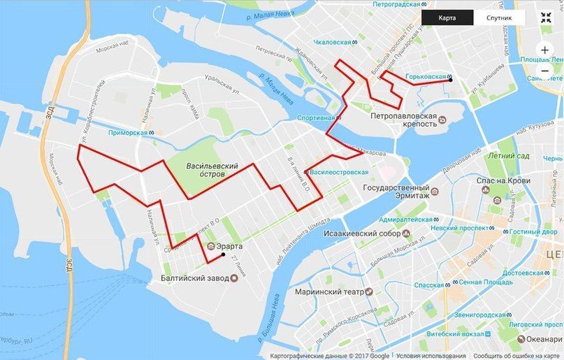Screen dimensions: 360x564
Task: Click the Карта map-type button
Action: click(x=448, y=18)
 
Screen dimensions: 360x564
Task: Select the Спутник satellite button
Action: click(x=500, y=18)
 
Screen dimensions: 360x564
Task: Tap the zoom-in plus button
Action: click(x=545, y=50)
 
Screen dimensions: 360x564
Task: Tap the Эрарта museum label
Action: click(x=229, y=245)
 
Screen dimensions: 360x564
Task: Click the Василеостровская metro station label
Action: click(x=338, y=171)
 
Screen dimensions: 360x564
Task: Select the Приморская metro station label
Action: click(x=131, y=132)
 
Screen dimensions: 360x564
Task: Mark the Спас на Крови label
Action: click(x=500, y=180)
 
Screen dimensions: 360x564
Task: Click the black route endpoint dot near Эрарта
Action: click(x=223, y=255)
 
